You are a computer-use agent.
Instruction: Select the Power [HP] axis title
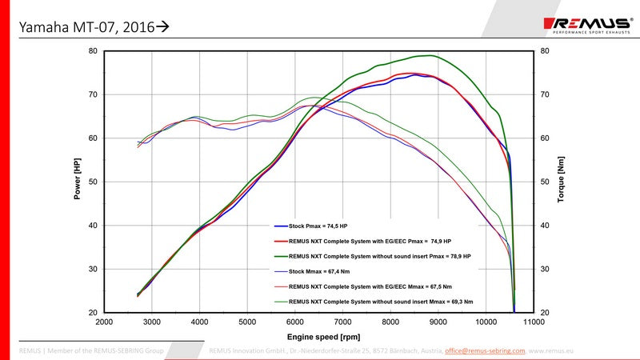click(x=78, y=182)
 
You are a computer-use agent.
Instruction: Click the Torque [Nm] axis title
click(x=562, y=182)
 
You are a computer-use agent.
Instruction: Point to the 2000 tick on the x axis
click(x=104, y=322)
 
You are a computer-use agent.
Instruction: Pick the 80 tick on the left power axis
click(x=93, y=51)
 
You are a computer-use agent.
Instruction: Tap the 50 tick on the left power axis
click(x=93, y=182)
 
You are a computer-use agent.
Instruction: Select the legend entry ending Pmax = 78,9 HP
click(x=377, y=256)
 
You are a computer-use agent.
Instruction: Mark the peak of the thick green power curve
click(x=430, y=55)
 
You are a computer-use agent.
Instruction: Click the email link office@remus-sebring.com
click(x=485, y=350)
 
